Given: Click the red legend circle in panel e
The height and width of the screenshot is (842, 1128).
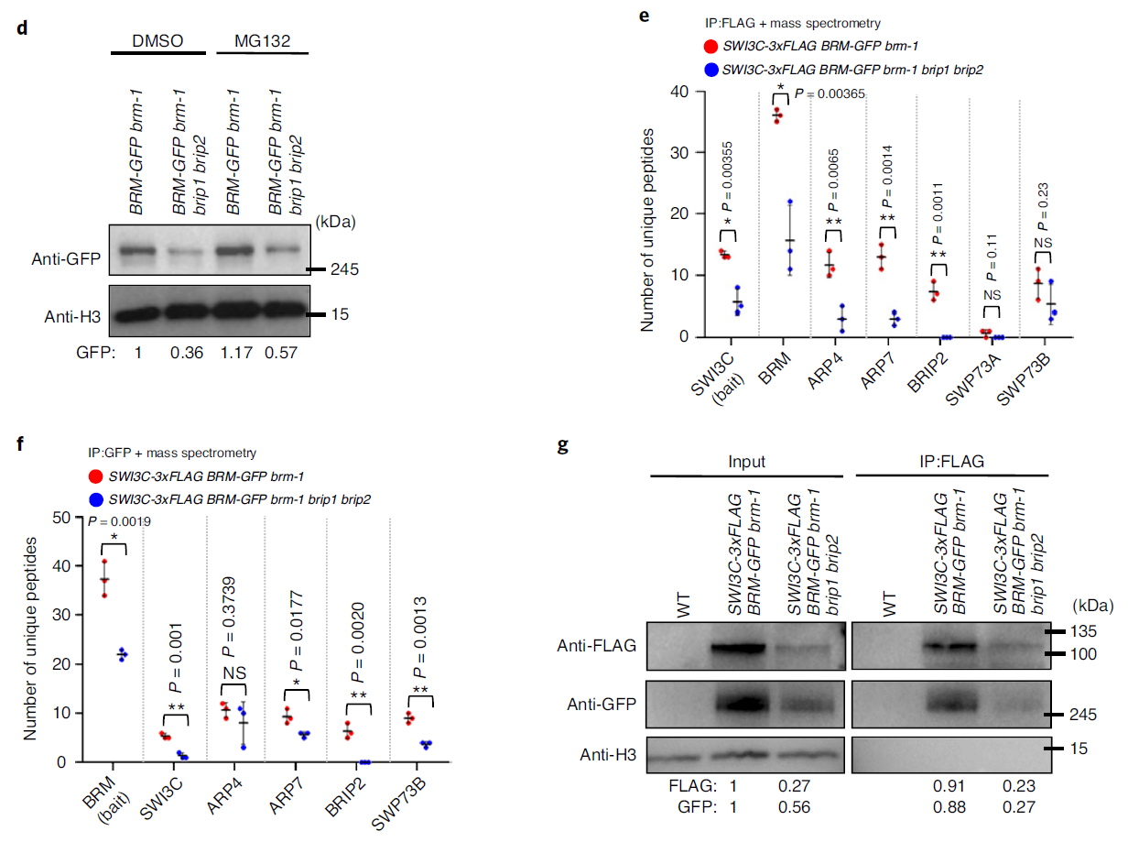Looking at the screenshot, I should [710, 46].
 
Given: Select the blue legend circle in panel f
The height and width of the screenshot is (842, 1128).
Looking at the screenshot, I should [95, 498].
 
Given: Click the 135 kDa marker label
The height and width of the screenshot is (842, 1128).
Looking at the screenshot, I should [1086, 631].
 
